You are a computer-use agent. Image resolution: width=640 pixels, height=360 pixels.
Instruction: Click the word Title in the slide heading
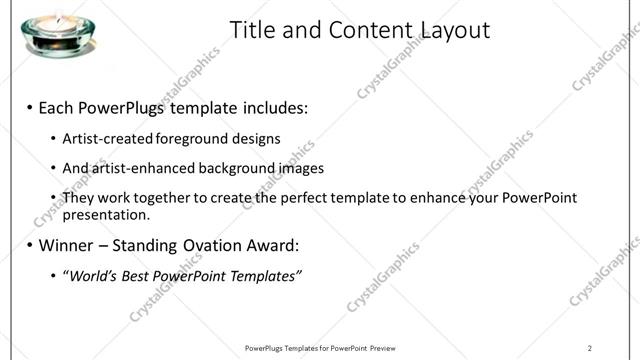tap(253, 30)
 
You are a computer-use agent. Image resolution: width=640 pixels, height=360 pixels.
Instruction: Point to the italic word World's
tap(92, 275)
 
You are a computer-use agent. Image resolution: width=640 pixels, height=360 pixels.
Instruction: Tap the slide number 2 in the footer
tap(590, 348)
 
